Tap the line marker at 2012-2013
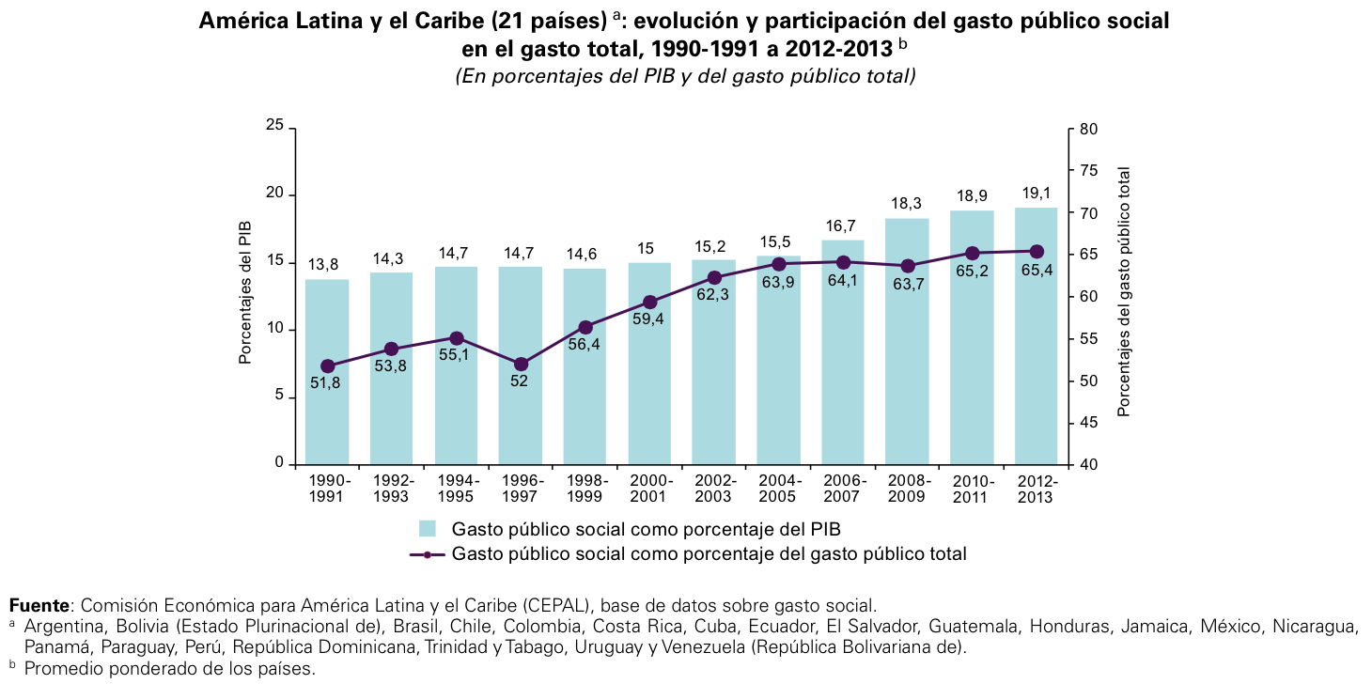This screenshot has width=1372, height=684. coord(1037,252)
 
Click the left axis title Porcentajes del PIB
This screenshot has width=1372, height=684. coord(245,292)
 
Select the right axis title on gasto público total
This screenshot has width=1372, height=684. coord(1124,292)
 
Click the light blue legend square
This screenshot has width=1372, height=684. coord(428,528)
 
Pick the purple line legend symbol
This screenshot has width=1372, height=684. coord(428,554)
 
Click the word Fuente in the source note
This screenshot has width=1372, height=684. coord(39,604)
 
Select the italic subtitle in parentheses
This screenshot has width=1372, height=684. coord(685,77)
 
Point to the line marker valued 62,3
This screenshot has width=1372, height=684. coord(714,278)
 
